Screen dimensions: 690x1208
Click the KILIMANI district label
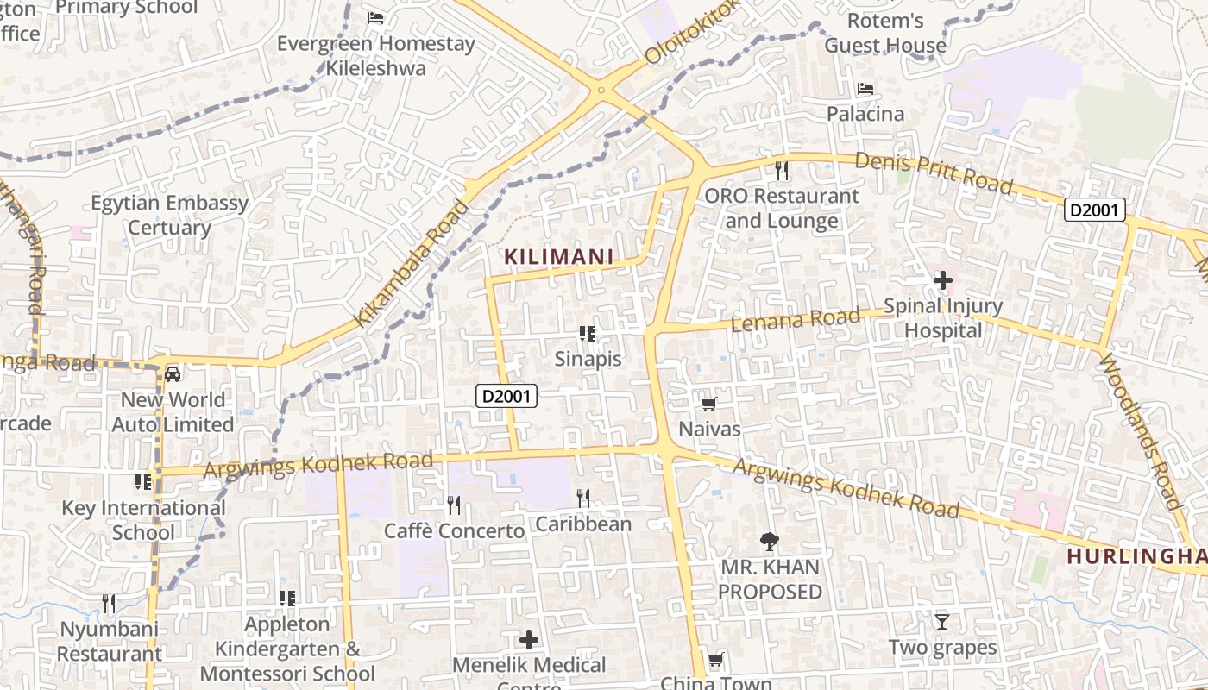558,257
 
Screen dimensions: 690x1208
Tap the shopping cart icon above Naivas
708,404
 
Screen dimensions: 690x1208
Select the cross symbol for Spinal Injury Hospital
942,280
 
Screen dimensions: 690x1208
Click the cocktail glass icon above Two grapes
941,621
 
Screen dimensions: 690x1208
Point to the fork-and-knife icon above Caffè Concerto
454,505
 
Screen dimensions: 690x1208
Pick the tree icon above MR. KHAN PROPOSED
769,542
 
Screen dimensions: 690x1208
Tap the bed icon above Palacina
865,89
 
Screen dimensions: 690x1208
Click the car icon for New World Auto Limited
173,373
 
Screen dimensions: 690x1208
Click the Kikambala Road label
412,263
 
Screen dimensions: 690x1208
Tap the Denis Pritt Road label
934,172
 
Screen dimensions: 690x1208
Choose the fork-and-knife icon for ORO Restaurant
782,171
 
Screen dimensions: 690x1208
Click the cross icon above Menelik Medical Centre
529,640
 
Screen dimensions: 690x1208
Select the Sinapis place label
588,359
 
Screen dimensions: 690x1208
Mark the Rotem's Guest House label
885,33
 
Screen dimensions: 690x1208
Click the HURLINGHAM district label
1136,556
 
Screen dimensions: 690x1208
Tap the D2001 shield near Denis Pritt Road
1094,210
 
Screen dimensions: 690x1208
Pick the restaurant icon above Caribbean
583,498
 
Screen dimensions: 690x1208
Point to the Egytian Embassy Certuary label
170,216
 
